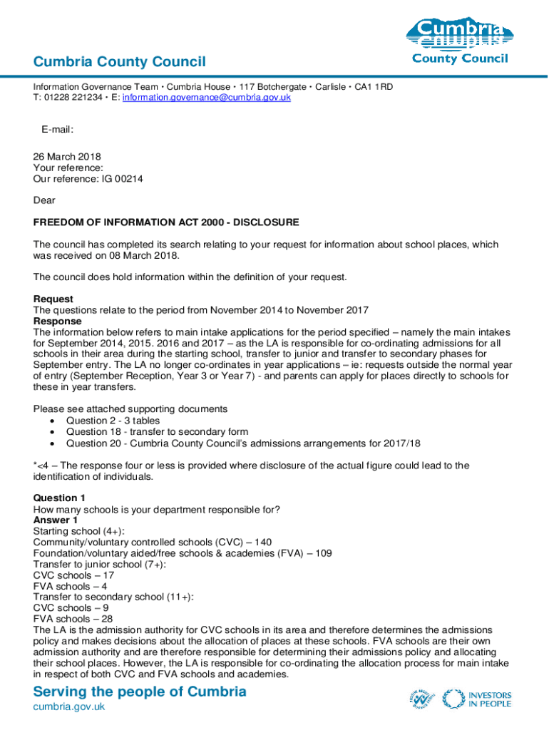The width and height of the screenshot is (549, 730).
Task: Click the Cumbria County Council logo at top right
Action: coord(460,41)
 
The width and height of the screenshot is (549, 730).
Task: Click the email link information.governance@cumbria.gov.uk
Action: coord(207,97)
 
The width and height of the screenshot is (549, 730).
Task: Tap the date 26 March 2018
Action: coord(68,157)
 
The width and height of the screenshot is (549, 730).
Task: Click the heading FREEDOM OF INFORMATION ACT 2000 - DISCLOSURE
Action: coord(166,222)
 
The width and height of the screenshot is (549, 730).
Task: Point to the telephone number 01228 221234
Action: coord(71,97)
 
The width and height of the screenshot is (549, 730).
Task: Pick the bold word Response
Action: coord(58,321)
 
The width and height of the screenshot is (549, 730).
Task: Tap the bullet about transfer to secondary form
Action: coord(157,431)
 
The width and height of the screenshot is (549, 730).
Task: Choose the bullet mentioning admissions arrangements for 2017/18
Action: coord(243,443)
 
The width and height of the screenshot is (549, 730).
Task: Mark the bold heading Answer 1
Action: coord(56,520)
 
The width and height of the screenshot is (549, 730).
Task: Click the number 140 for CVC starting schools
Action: coord(262,542)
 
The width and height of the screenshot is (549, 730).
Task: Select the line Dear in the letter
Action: coord(44,200)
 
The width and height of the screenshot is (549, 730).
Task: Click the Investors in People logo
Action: coord(476,699)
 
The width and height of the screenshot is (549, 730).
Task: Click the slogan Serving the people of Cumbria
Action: coord(140,691)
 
